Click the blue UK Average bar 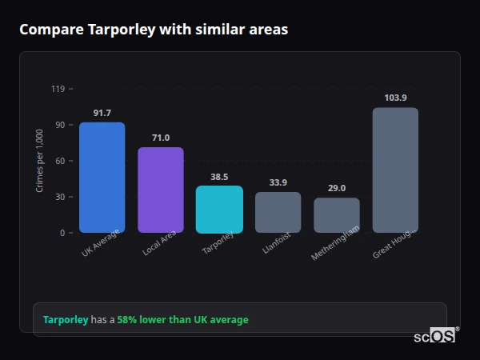click(x=102, y=178)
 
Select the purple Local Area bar click(x=161, y=190)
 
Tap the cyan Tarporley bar click(x=219, y=210)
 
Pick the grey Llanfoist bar click(x=278, y=213)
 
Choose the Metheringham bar click(x=337, y=215)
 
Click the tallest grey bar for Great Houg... click(x=395, y=170)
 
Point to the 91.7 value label click(x=102, y=113)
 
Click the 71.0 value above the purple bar click(x=161, y=138)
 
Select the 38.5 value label click(x=219, y=177)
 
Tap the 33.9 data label click(x=278, y=182)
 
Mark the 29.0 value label click(x=337, y=188)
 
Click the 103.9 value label click(x=395, y=98)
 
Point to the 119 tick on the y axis click(x=58, y=89)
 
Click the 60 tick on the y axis click(x=60, y=161)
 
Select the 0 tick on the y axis click(x=62, y=233)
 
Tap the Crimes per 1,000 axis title click(x=40, y=161)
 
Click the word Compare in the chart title click(x=47, y=30)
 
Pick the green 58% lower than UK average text click(x=182, y=320)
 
